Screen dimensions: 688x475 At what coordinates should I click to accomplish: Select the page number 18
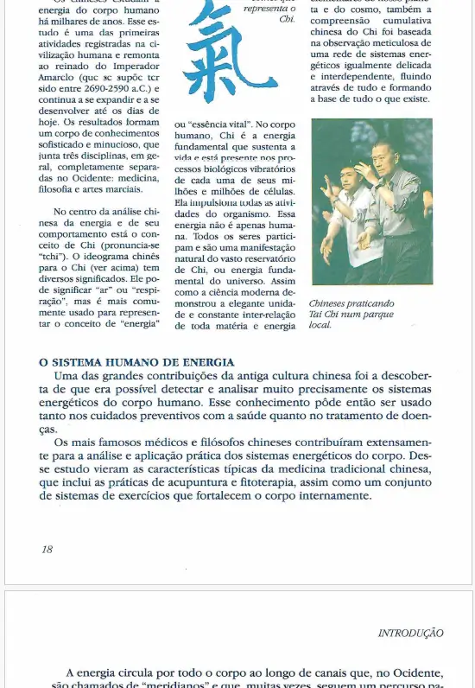click(x=47, y=549)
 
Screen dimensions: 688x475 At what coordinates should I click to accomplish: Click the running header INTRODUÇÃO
click(x=411, y=634)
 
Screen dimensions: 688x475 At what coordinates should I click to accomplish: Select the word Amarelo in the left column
click(x=62, y=76)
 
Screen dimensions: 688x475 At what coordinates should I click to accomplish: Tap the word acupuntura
click(x=227, y=483)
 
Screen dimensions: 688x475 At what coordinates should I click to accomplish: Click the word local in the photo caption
click(x=320, y=325)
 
